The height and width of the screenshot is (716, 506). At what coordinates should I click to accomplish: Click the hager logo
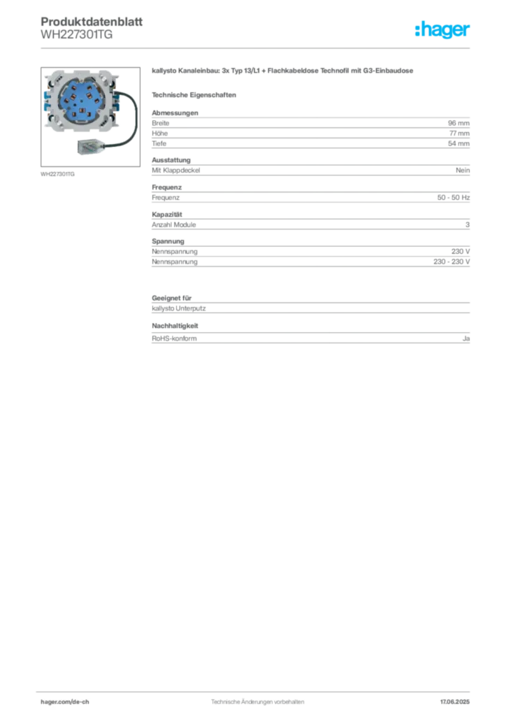442,29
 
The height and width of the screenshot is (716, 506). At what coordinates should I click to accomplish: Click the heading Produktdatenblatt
92,22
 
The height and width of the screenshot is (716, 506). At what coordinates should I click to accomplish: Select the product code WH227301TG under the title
77,35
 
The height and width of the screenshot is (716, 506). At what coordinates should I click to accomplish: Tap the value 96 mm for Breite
458,123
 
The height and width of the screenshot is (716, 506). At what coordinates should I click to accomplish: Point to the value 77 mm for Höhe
459,134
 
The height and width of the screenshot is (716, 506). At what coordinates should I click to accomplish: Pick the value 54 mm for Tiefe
458,143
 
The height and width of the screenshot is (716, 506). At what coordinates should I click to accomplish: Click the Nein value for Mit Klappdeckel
463,171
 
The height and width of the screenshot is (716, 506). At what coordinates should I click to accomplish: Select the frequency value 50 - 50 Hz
453,197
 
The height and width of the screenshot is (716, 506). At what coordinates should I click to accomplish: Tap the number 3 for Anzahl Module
468,224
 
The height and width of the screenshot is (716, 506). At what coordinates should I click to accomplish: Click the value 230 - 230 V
451,262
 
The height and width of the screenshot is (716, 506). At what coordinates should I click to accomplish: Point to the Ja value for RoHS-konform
466,338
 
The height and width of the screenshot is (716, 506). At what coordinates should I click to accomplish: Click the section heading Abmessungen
175,113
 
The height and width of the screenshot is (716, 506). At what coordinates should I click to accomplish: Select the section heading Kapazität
167,214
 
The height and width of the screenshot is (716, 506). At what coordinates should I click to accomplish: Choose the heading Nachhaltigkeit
175,326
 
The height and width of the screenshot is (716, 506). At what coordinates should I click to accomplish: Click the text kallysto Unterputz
178,308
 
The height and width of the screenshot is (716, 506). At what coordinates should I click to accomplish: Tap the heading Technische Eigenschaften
194,95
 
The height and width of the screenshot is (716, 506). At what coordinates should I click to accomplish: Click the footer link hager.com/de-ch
65,702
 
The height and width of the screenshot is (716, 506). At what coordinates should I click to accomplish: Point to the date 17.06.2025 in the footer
455,702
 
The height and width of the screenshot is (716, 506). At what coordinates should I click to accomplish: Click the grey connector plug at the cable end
91,146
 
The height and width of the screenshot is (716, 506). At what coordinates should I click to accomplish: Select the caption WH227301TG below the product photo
57,174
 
